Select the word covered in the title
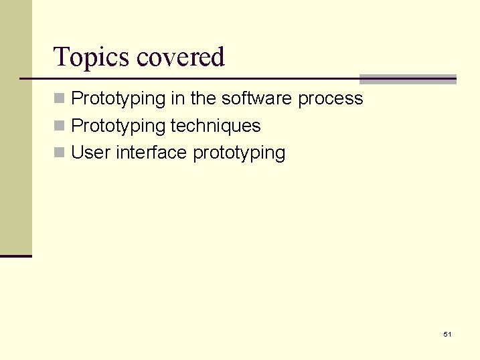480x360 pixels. click(180, 58)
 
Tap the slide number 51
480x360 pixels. click(447, 334)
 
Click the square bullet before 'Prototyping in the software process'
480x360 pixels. click(60, 99)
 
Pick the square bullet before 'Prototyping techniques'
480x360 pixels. click(60, 126)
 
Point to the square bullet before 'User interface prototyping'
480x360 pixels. click(60, 153)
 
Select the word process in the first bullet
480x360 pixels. click(331, 99)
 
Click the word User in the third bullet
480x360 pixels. click(91, 153)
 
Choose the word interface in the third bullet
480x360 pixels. click(151, 153)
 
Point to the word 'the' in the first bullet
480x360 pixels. click(204, 99)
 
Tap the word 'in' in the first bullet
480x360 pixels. click(178, 99)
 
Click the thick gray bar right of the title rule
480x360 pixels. click(408, 79)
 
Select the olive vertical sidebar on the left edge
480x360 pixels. click(15, 127)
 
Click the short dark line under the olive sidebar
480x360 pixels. click(15, 256)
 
